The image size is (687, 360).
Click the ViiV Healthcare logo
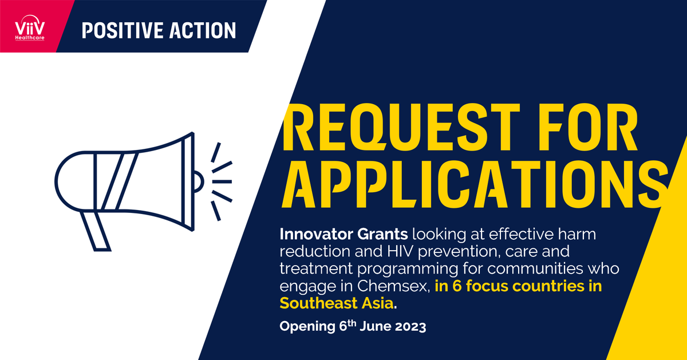coord(30,26)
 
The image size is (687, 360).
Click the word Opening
coord(301,328)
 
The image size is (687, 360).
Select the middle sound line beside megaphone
coord(222,181)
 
